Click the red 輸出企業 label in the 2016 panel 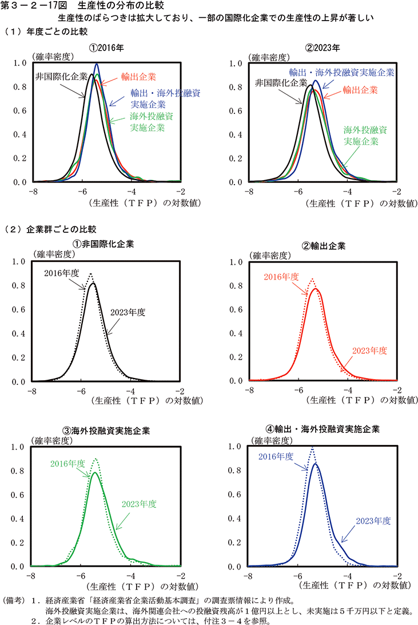[x=139, y=76]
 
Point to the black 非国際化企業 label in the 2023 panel [x=280, y=83]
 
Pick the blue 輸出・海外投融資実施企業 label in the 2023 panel [x=341, y=73]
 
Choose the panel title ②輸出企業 [x=323, y=245]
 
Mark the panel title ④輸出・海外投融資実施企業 [x=323, y=428]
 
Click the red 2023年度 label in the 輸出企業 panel [x=369, y=351]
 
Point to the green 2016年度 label [x=67, y=463]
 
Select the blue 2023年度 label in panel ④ [x=373, y=520]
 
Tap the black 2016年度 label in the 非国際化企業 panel [x=62, y=273]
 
